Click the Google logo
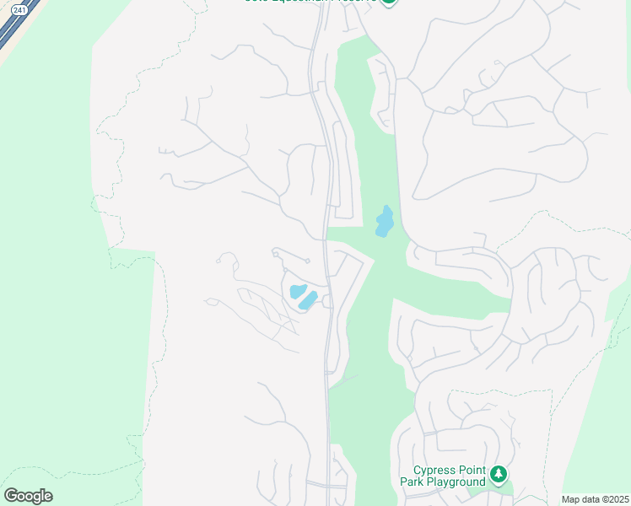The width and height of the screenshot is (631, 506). click(28, 496)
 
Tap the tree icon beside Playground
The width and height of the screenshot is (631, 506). click(499, 476)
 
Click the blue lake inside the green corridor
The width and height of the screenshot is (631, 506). click(385, 223)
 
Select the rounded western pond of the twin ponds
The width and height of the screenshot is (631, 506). click(297, 291)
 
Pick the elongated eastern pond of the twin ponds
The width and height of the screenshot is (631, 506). click(308, 300)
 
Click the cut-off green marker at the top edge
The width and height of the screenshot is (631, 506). click(388, 2)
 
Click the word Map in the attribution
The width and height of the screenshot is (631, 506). click(572, 499)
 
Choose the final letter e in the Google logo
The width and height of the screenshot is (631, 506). click(47, 497)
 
